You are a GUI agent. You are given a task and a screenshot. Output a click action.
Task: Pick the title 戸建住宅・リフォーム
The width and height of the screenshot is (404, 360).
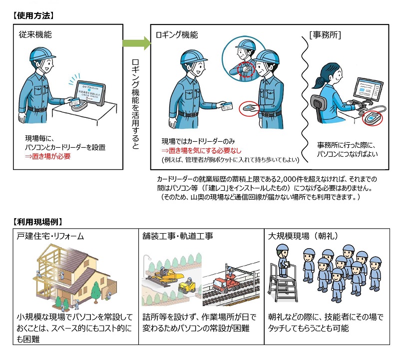51,235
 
